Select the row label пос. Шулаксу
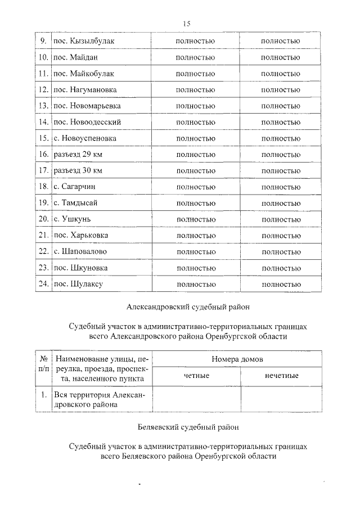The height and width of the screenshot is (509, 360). pos(78,284)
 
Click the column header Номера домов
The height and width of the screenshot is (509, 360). pos(236,359)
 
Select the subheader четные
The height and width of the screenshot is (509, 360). pos(196,375)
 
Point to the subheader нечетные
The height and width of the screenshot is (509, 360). pos(281,375)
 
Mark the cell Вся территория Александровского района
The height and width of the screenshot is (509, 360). pos(98,400)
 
